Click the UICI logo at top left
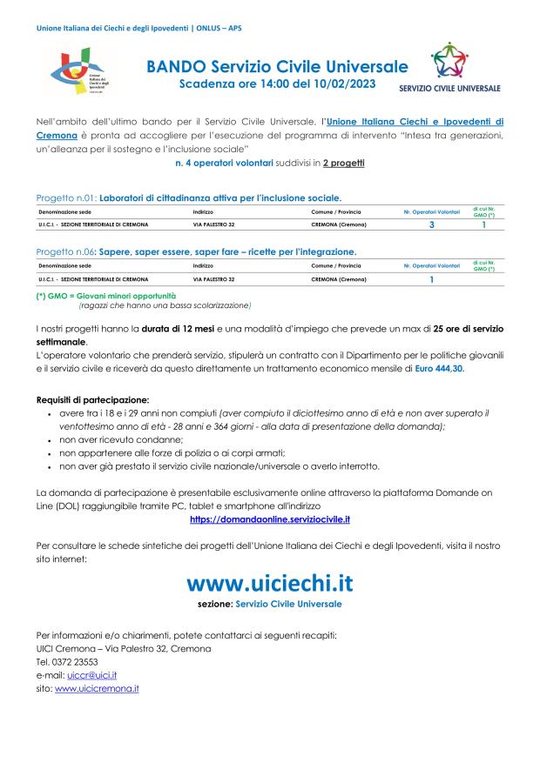click(79, 74)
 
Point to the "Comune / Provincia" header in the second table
click(336, 265)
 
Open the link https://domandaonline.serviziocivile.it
click(270, 519)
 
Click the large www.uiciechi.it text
click(270, 580)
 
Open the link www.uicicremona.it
click(97, 688)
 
